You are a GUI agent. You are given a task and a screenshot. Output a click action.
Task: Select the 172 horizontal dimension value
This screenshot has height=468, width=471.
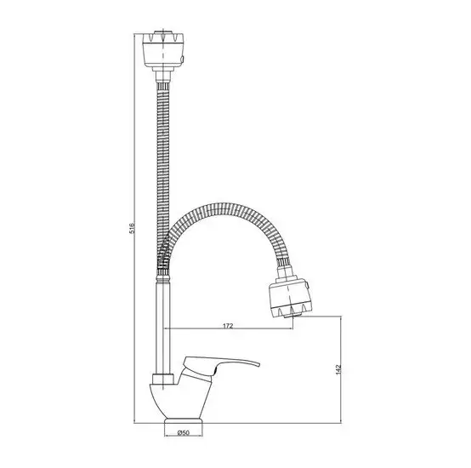tap(229, 325)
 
